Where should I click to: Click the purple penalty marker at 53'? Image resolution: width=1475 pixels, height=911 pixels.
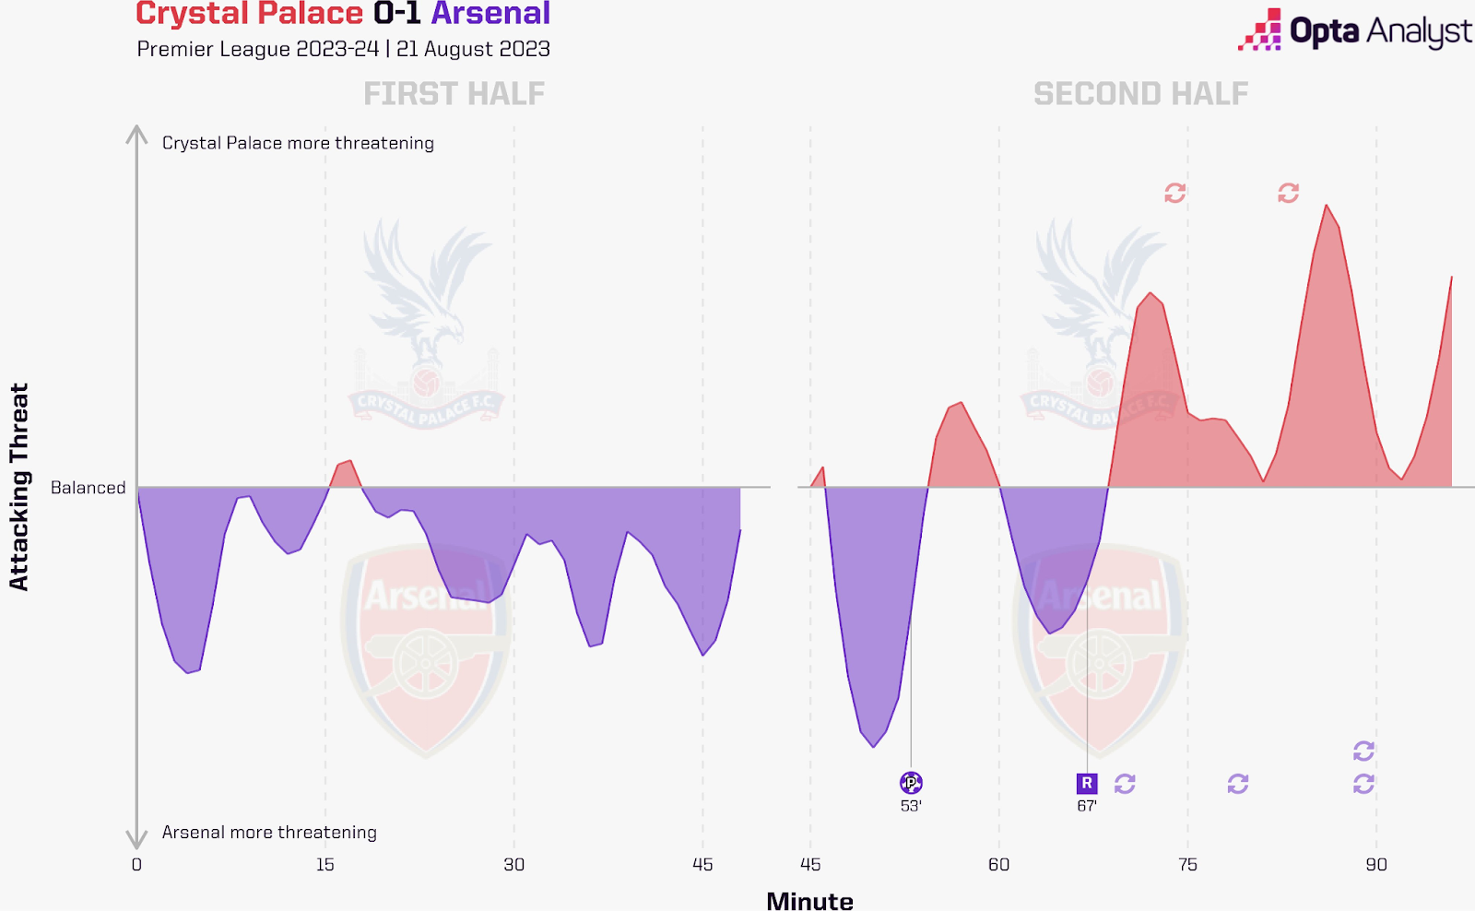pos(911,783)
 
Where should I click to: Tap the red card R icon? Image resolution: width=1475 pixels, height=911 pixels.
pos(1087,783)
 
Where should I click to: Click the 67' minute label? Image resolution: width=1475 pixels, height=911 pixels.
pos(1087,806)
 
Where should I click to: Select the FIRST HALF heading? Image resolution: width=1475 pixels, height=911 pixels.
pos(454,94)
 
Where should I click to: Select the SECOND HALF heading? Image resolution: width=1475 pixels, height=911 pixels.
pos(1140,94)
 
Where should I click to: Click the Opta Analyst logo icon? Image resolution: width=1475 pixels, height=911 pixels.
pos(1261,30)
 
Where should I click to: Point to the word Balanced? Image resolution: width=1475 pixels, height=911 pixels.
pos(88,488)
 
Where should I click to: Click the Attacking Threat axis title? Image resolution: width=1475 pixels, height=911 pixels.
pos(19,487)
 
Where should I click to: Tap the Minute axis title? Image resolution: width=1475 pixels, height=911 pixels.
pos(809,900)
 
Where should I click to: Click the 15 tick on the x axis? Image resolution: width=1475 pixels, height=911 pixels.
pos(325,865)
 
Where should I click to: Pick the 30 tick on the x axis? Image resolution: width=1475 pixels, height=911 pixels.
pos(514,865)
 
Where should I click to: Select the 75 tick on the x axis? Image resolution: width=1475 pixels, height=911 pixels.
pos(1187,865)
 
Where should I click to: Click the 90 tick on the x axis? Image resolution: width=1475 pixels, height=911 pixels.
pos(1376,865)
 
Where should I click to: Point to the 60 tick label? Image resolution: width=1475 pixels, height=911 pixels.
pos(998,865)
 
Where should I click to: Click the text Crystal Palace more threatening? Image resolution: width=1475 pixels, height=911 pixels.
pos(298,143)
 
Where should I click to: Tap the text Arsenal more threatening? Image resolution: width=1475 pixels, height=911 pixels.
pos(269,833)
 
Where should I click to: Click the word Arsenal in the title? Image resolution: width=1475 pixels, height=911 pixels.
pos(490,14)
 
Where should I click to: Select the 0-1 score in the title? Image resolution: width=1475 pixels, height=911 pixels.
pos(397,14)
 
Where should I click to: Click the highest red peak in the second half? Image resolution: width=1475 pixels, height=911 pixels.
pos(1327,206)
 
